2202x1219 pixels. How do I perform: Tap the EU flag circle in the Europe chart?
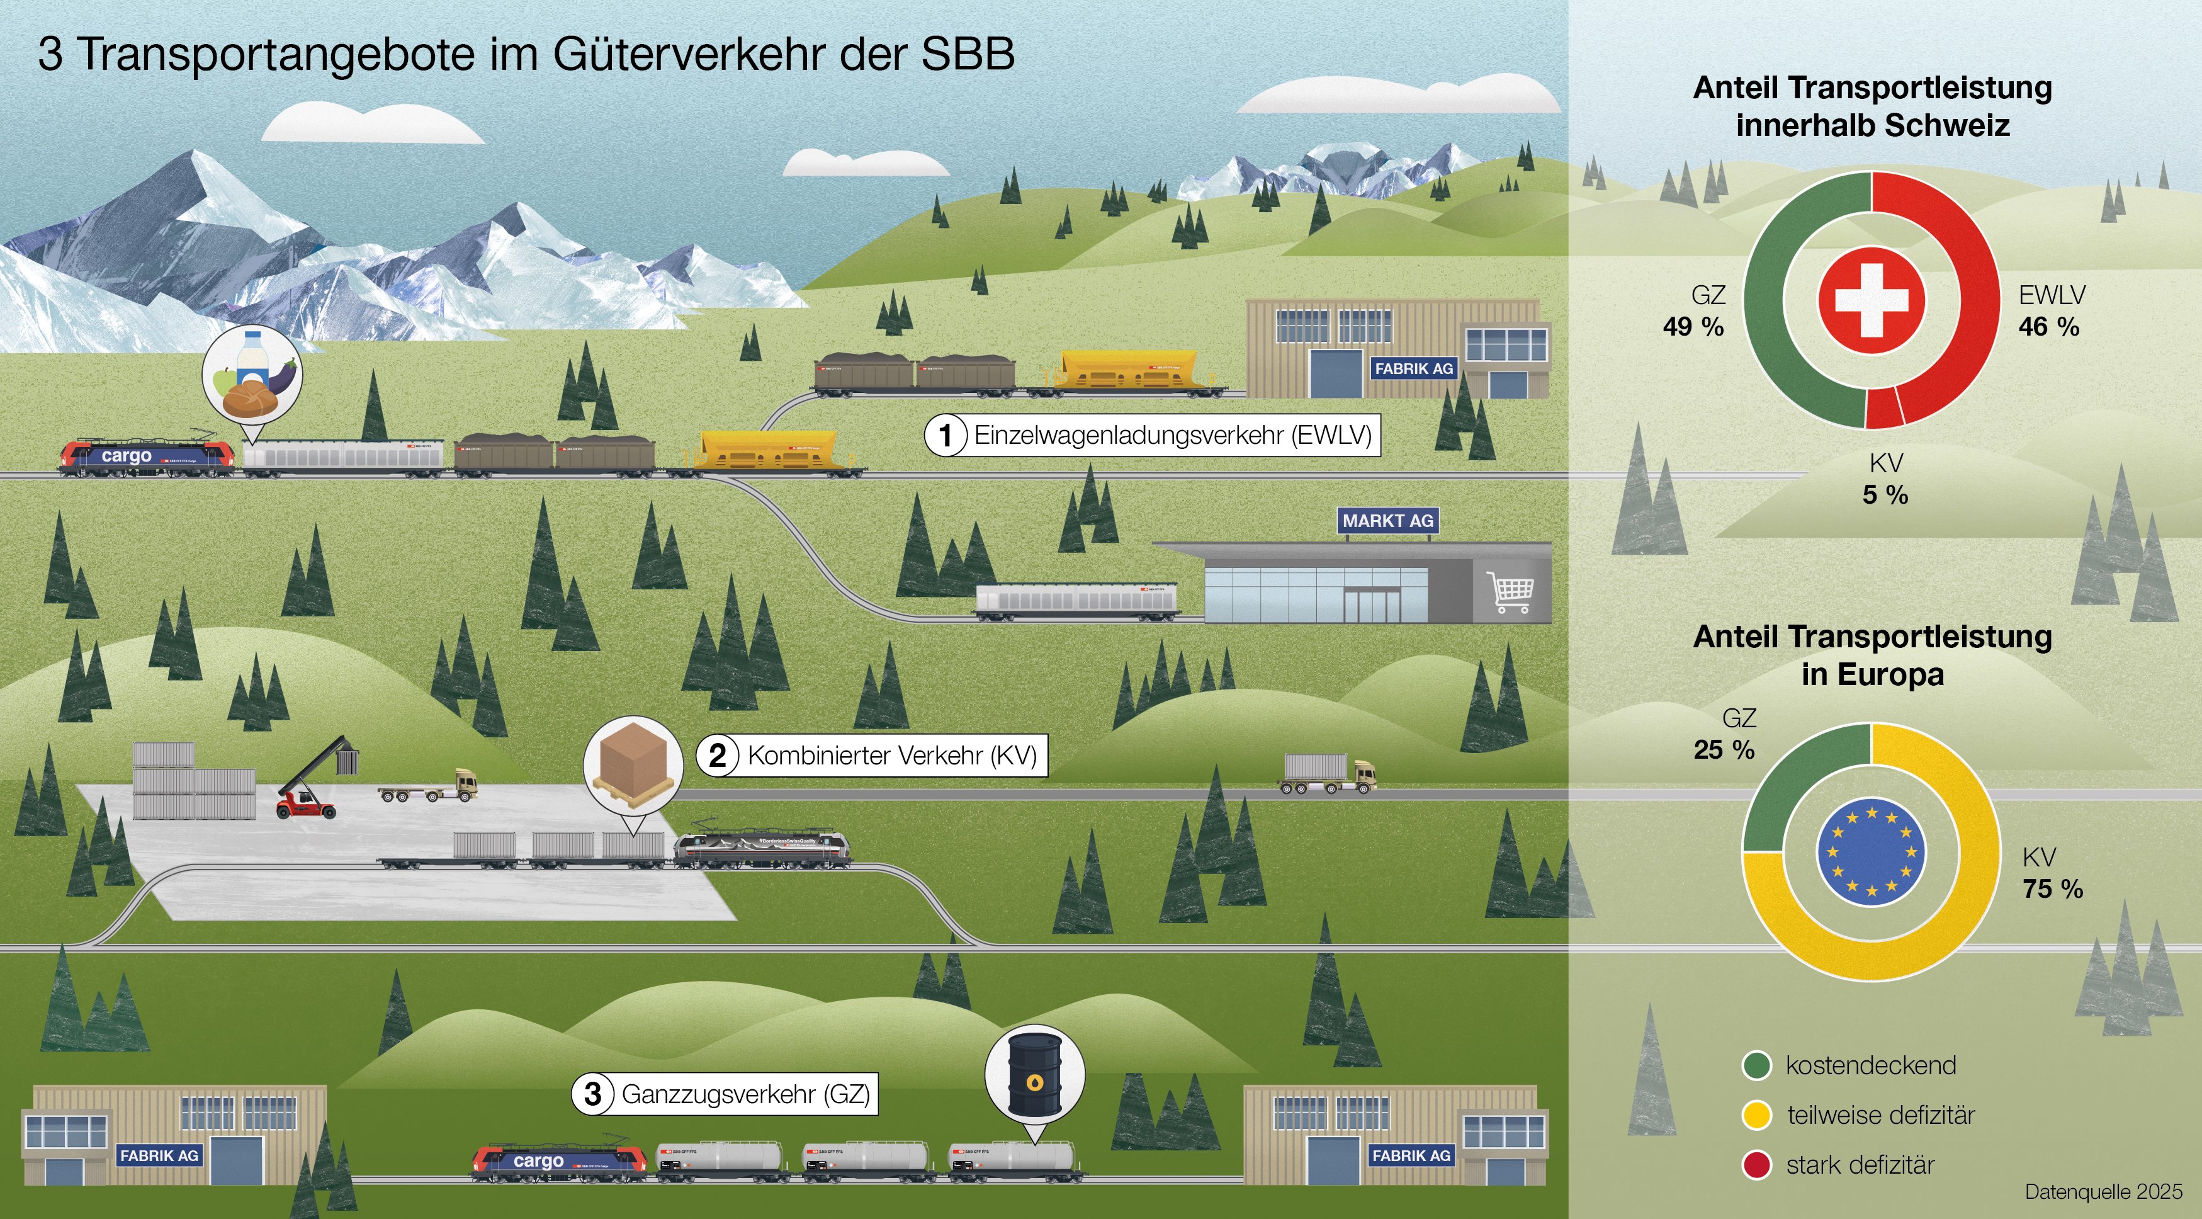pos(1871,851)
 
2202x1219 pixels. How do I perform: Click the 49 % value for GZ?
pos(1693,327)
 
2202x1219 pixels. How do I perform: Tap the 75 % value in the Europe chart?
pos(2052,889)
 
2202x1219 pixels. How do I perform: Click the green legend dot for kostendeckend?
pos(1757,1066)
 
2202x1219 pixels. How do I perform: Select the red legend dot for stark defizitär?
pos(1757,1165)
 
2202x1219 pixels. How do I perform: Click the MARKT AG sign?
pos(1387,521)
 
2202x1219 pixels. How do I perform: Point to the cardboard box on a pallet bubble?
pos(633,765)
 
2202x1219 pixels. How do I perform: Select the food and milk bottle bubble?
pos(252,373)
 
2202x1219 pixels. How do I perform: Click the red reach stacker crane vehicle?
pos(308,786)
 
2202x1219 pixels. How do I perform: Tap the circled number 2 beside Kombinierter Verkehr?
pos(717,756)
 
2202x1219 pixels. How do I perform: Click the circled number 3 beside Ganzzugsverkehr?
pos(592,1094)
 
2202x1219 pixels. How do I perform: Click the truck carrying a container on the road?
pos(1328,774)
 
